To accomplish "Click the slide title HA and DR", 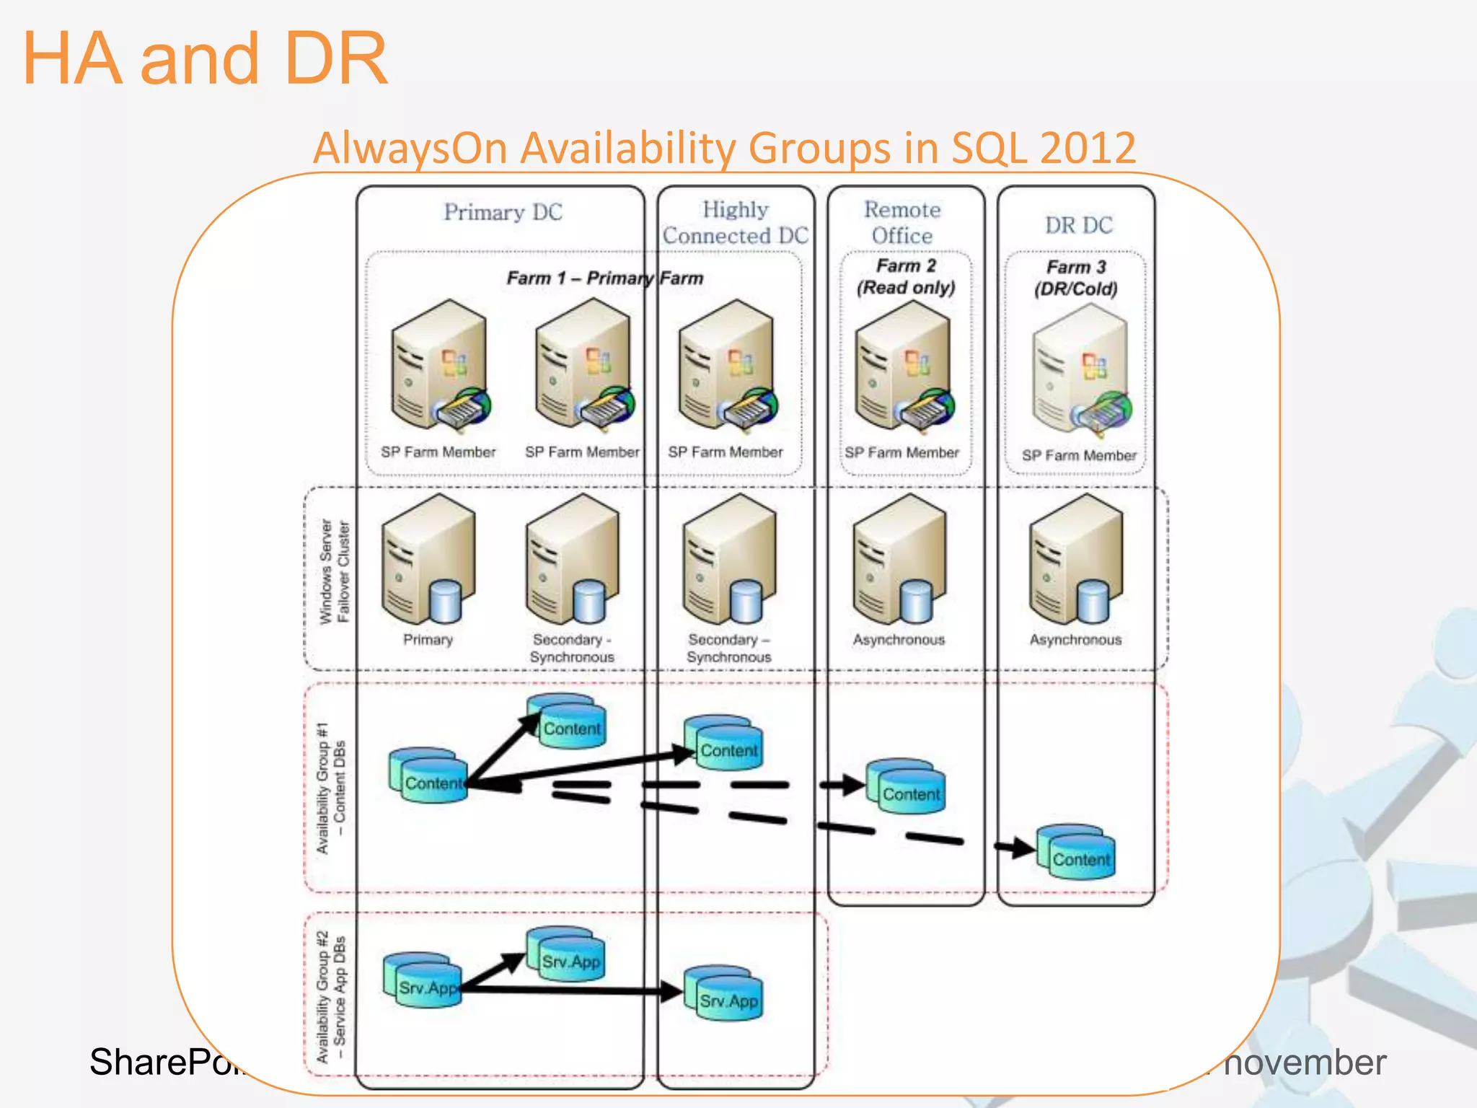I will tap(206, 59).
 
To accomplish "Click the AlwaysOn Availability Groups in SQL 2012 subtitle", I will tap(724, 148).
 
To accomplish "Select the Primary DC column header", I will tap(503, 212).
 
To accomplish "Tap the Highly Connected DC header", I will tap(735, 222).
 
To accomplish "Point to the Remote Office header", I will tap(902, 222).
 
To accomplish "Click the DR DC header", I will tap(1078, 225).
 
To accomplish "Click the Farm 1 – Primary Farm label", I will tap(604, 278).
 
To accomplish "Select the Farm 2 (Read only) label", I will tap(906, 276).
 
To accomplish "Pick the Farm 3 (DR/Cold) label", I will tap(1076, 278).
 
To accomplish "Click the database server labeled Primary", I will tap(428, 559).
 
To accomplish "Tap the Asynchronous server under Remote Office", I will tap(899, 559).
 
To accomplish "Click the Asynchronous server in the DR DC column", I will tap(1076, 559).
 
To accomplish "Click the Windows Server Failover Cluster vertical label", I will tap(334, 572).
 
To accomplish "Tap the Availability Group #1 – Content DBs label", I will tap(331, 788).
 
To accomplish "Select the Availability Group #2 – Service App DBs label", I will tap(331, 998).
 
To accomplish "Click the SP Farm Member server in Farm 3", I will tap(1080, 371).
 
